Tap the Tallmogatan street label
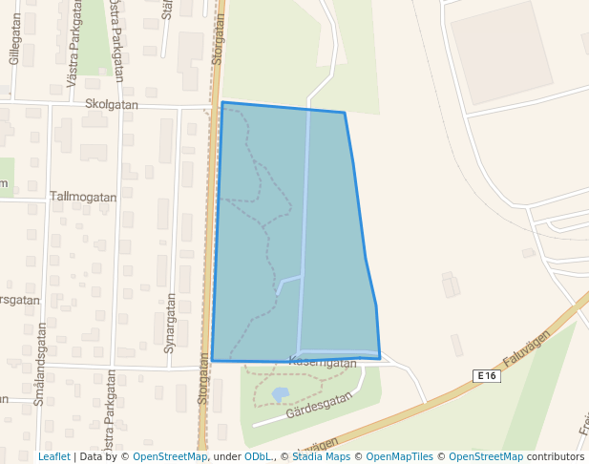(82, 197)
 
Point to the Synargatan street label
(170, 323)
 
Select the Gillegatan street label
(14, 45)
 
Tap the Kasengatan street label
(322, 363)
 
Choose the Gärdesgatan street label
(320, 405)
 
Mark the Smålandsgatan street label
(39, 364)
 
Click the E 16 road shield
(486, 376)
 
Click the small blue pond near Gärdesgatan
(280, 393)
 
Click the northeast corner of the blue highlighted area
(344, 113)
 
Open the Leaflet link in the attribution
(54, 456)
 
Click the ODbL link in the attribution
(259, 456)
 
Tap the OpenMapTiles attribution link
(399, 456)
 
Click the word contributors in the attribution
(556, 456)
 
